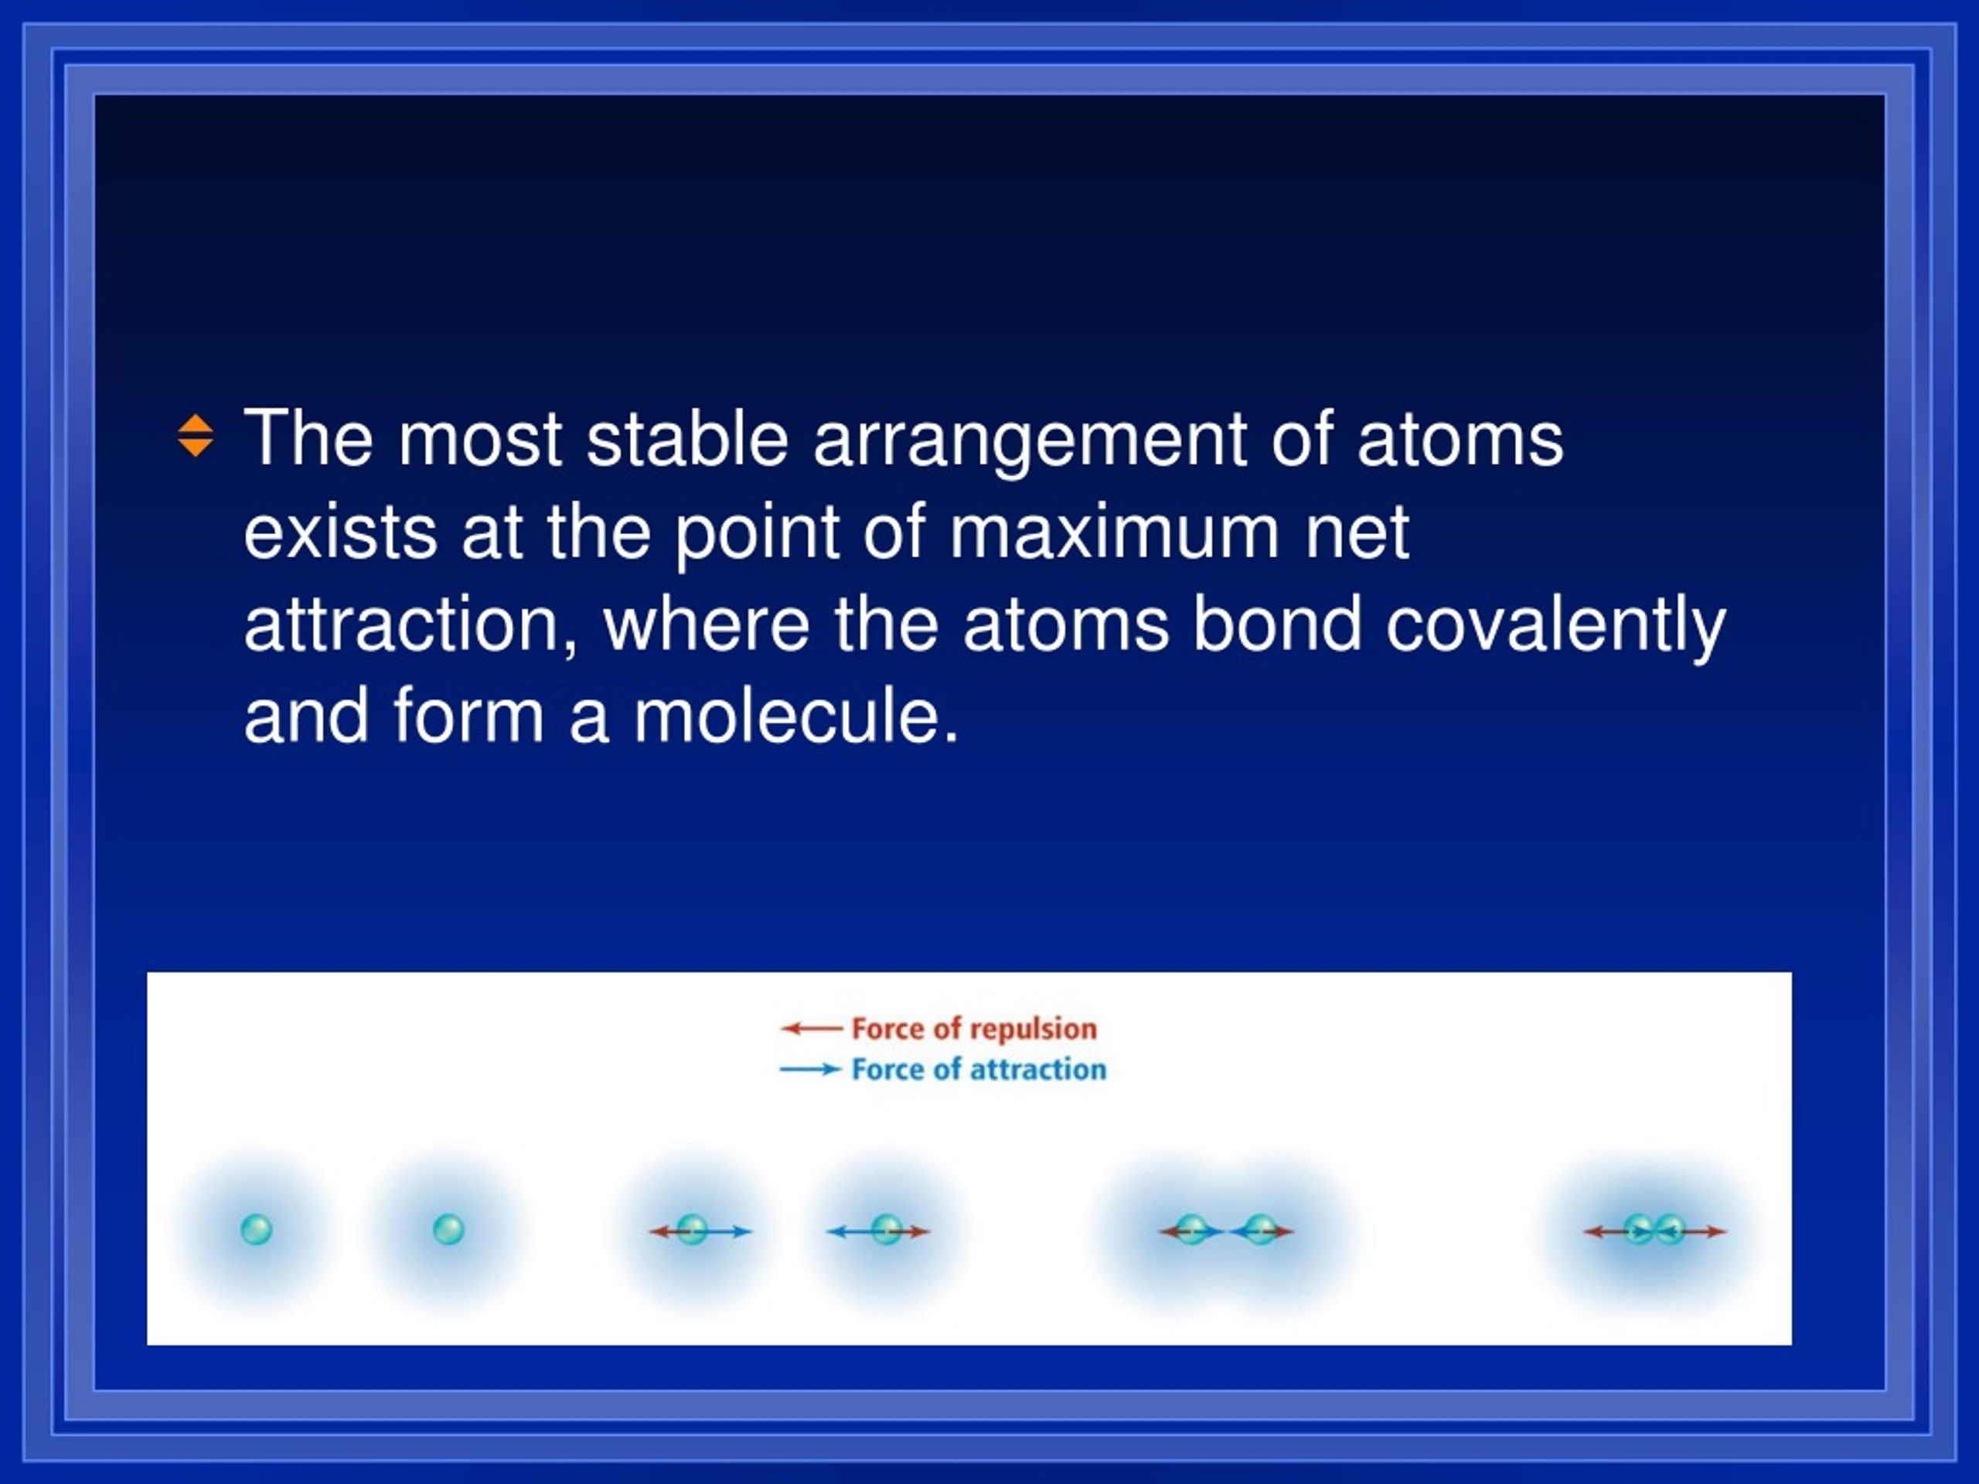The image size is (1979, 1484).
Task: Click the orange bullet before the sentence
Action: [195, 436]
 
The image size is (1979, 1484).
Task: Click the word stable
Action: [686, 438]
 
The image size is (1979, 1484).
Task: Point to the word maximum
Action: [1115, 534]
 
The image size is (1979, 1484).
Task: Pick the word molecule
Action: [795, 716]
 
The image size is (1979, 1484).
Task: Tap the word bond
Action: [1277, 624]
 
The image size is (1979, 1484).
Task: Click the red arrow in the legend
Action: [812, 1029]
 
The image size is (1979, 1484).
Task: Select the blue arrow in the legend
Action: [811, 1069]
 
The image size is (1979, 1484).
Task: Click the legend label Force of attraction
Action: [978, 1069]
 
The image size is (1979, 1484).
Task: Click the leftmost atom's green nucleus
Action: [257, 1230]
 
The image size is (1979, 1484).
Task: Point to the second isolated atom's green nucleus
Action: [448, 1230]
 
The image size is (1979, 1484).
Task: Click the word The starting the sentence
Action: [308, 438]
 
